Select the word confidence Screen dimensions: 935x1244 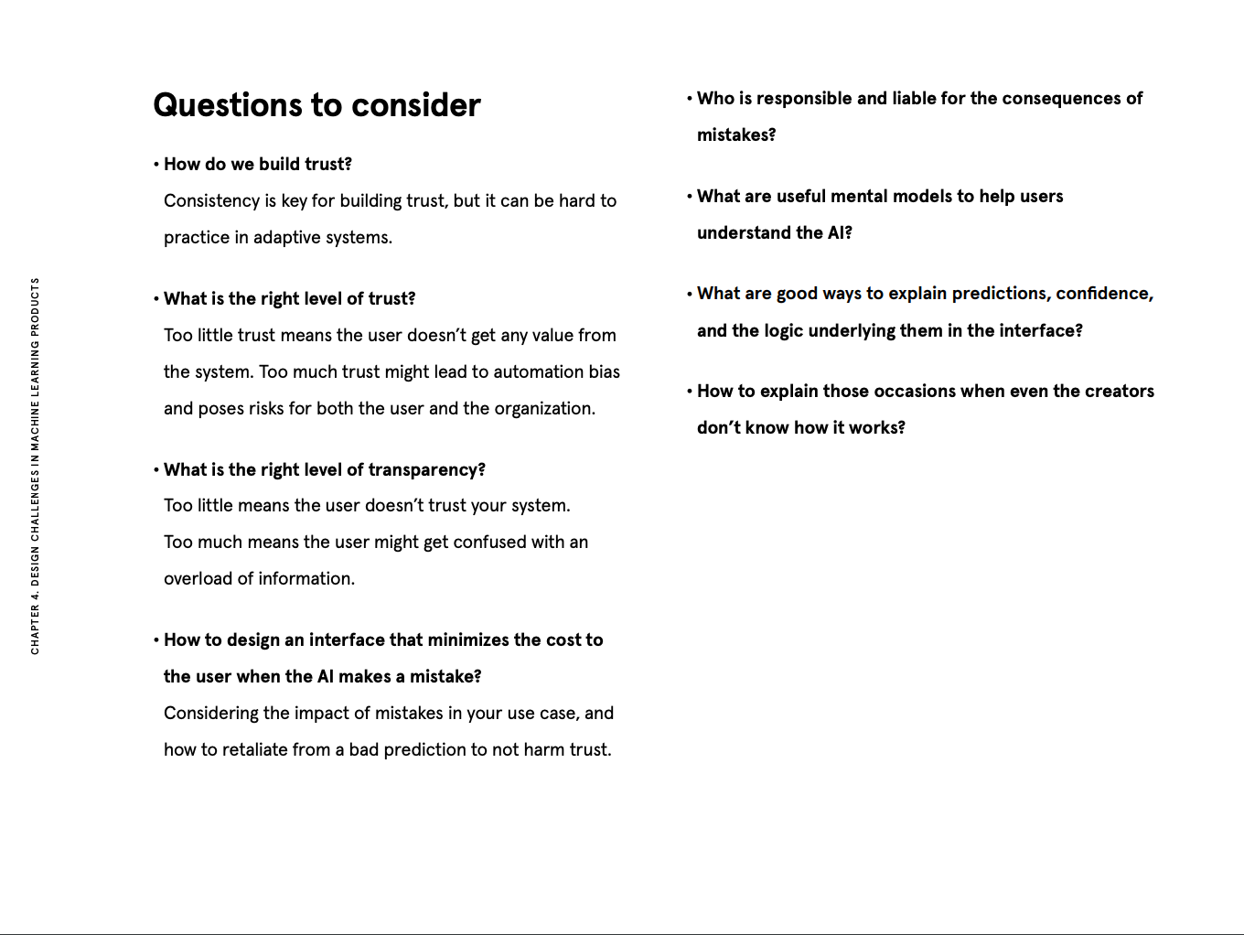pyautogui.click(x=1104, y=294)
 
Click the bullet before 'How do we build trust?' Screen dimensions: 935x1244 pyautogui.click(x=156, y=165)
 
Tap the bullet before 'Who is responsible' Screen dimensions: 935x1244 pyautogui.click(x=690, y=99)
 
